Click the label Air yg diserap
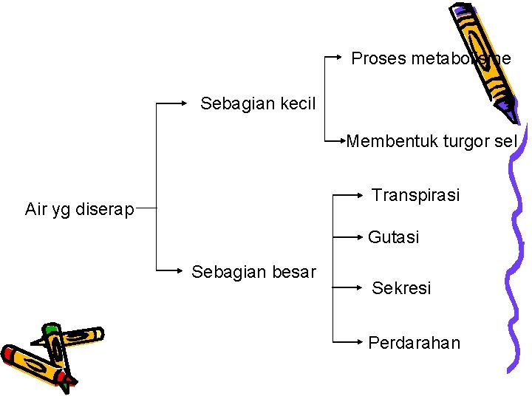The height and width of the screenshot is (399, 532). tap(80, 209)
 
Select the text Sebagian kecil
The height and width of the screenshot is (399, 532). tap(258, 103)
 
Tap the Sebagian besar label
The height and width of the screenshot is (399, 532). tap(253, 271)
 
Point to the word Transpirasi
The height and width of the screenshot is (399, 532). tap(415, 195)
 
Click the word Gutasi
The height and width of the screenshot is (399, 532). tap(394, 237)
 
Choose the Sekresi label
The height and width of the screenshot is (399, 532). tap(401, 287)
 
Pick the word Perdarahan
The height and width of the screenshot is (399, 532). tap(414, 343)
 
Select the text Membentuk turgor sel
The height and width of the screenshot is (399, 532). tap(432, 140)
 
